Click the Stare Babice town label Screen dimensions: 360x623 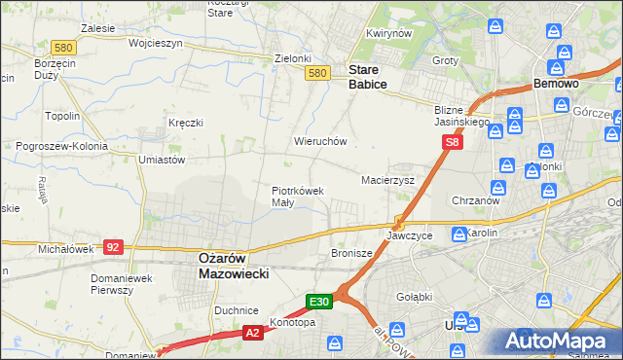click(x=368, y=78)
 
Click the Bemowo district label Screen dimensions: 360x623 click(x=557, y=85)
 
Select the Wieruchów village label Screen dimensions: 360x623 click(x=320, y=141)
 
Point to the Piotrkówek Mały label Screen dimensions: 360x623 click(x=297, y=197)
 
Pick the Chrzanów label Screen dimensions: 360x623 click(x=476, y=200)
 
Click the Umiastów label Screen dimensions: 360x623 click(x=162, y=160)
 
